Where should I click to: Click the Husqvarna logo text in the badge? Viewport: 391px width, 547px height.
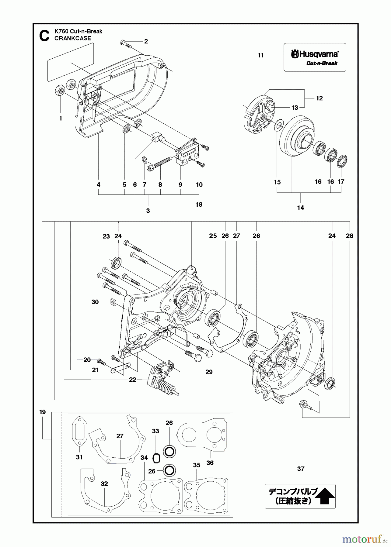click(x=315, y=54)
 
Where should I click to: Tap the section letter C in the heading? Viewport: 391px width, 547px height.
click(x=44, y=36)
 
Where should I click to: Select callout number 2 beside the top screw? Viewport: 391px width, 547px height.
click(x=146, y=41)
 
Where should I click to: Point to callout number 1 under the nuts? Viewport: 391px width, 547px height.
click(x=61, y=119)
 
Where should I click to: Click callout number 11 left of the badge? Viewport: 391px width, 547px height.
click(x=261, y=55)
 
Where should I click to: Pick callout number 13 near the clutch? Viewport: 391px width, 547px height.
click(x=295, y=108)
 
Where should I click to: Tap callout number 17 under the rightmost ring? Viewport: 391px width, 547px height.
click(x=341, y=182)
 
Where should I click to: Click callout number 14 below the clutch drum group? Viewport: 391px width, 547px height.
click(x=300, y=208)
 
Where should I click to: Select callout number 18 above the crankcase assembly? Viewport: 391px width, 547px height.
click(x=199, y=205)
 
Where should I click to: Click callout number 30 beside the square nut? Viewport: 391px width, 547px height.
click(x=95, y=302)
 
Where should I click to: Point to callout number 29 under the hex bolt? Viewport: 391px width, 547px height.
click(x=209, y=372)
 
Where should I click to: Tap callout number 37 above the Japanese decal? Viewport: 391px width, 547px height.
click(x=301, y=469)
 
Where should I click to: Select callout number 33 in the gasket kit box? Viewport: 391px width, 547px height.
click(x=155, y=431)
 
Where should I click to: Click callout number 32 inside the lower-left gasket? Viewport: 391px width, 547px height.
click(x=104, y=484)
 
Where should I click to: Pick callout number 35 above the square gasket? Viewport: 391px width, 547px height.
click(x=197, y=465)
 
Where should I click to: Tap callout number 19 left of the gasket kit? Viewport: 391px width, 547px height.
click(x=42, y=412)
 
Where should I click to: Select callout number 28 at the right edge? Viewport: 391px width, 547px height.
click(x=350, y=236)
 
